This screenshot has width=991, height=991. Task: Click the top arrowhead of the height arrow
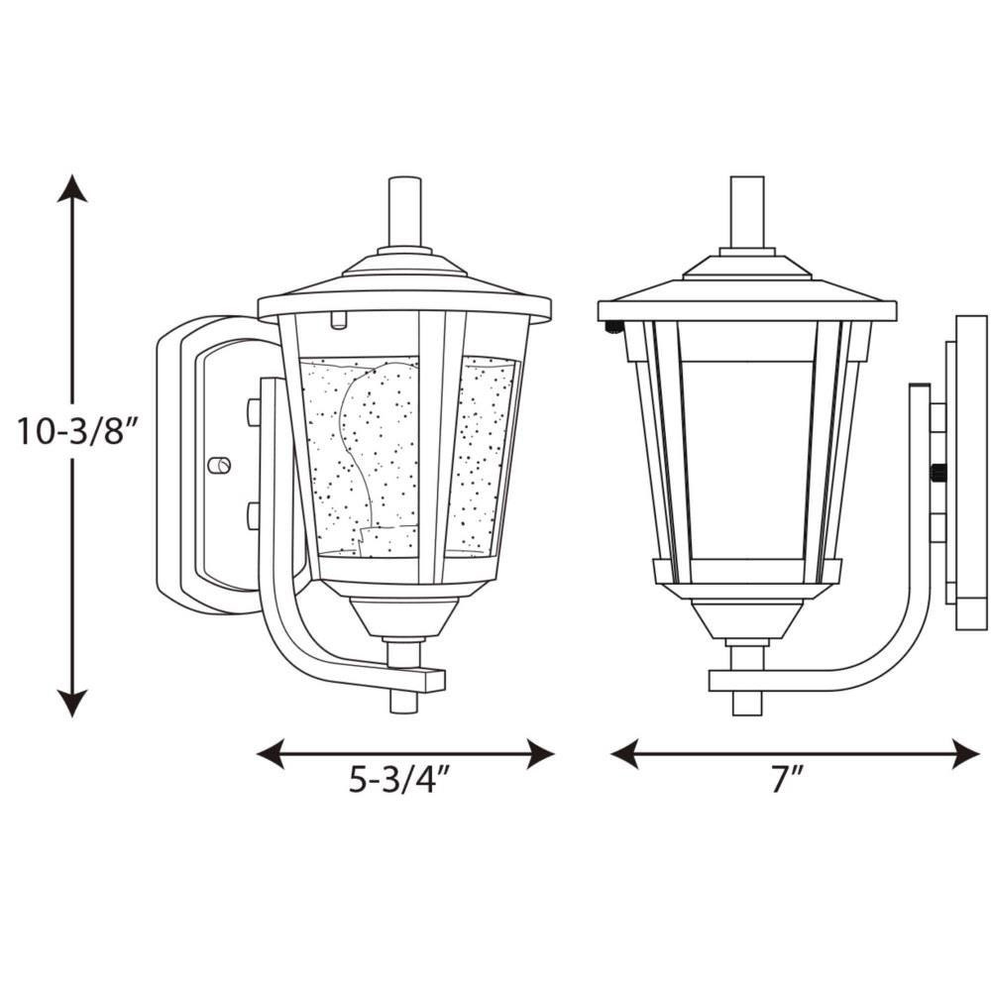pos(72,187)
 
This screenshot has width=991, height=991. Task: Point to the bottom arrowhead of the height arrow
pos(72,704)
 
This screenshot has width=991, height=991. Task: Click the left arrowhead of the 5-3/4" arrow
pos(271,753)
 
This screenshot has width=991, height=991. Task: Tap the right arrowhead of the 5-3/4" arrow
pos(540,753)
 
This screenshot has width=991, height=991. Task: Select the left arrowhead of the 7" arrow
pos(624,753)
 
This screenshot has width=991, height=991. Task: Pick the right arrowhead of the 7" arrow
pos(965,753)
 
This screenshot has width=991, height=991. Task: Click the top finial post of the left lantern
pos(404,212)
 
